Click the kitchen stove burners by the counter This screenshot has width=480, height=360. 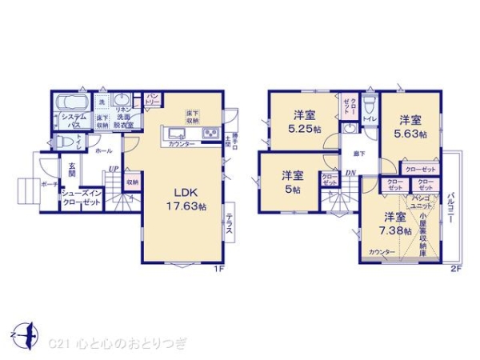pos(211,133)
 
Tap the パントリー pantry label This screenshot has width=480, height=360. pos(153,99)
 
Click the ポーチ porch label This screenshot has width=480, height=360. pos(49,183)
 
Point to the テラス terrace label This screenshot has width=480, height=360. pos(229,222)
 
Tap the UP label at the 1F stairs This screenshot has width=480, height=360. pos(113,169)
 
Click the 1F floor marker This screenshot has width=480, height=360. pos(218,270)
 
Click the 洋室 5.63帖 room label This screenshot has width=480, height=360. pos(408,127)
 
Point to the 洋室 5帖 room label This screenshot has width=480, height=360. pos(291,182)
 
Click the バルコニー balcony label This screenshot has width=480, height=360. pos(452,210)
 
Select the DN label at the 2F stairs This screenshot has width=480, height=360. pos(350,174)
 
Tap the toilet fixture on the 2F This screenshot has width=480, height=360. pos(368,106)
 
